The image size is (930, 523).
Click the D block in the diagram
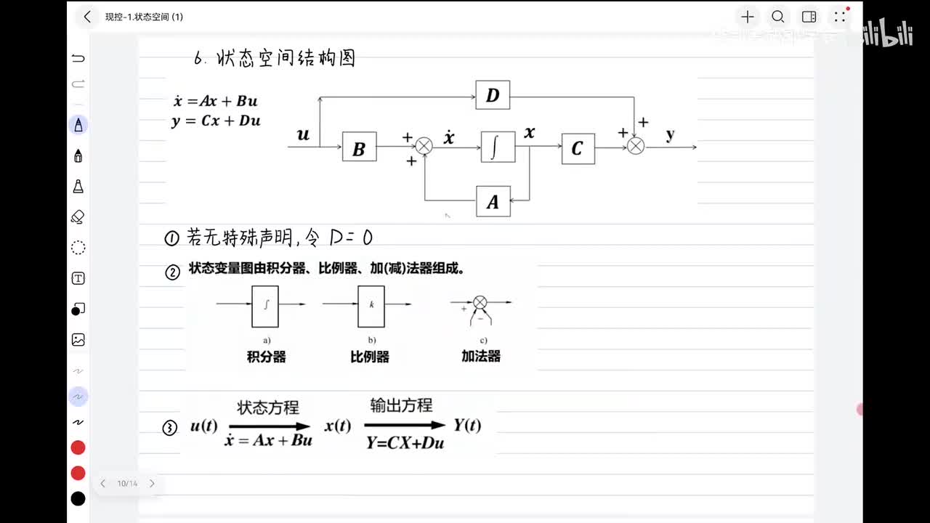(x=493, y=95)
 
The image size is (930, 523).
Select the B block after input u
(x=359, y=147)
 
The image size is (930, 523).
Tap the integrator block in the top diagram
(x=498, y=147)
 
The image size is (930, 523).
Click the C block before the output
(x=578, y=148)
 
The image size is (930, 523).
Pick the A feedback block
(x=493, y=201)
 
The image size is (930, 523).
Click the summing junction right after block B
(x=424, y=147)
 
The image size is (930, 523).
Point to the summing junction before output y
(x=636, y=147)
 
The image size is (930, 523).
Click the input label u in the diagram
(x=303, y=134)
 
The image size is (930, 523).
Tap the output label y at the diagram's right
(x=670, y=134)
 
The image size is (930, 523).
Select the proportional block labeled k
(x=371, y=305)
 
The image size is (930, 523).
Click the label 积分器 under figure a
(x=267, y=357)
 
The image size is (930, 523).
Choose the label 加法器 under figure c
(x=481, y=357)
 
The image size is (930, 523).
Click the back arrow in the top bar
(x=87, y=17)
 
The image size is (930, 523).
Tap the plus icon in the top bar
(x=747, y=17)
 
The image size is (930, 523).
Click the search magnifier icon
(x=777, y=17)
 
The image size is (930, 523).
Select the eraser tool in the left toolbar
(x=78, y=216)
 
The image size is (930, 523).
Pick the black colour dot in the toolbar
(x=78, y=498)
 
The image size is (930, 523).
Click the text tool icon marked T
(x=78, y=278)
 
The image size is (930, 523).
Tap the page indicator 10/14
(x=127, y=483)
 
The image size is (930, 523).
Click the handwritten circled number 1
(x=171, y=238)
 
